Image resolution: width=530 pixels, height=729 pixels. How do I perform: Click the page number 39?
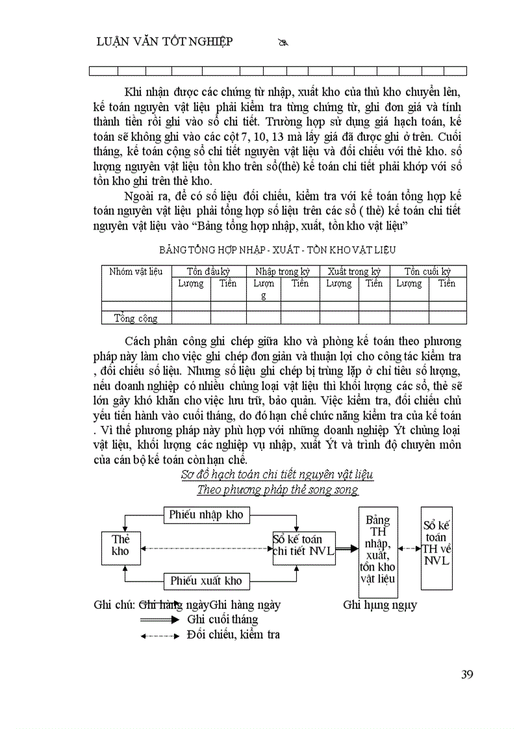coord(466,674)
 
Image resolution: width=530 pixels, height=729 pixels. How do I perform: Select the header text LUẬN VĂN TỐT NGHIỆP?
coord(164,42)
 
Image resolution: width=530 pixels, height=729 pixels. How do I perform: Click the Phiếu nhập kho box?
coord(206,515)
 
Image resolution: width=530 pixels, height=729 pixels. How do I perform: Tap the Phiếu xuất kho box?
coord(206,580)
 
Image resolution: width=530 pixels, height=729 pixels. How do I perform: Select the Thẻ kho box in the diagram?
coord(120,545)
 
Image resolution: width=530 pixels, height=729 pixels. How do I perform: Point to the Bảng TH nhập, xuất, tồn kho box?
coord(378,552)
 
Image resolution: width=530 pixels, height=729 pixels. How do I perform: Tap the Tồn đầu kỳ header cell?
coord(208,271)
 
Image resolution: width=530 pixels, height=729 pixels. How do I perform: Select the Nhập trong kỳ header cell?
coord(283,271)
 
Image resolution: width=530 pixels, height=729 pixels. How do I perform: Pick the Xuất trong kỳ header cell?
coord(354,271)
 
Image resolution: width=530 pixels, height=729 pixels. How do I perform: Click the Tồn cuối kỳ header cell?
coord(428,271)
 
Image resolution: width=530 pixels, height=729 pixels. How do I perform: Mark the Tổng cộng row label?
coord(136,318)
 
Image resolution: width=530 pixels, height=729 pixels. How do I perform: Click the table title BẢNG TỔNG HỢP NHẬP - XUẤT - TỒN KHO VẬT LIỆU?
coord(277,249)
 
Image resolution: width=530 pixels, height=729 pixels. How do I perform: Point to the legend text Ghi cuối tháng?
coord(222,619)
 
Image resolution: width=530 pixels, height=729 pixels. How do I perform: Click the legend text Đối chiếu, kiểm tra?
coord(233,634)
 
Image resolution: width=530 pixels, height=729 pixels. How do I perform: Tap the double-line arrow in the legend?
coord(159,620)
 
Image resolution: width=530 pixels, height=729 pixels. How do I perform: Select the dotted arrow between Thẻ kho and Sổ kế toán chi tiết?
coord(206,549)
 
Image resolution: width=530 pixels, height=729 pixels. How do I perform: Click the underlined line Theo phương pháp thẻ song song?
coord(277,489)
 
